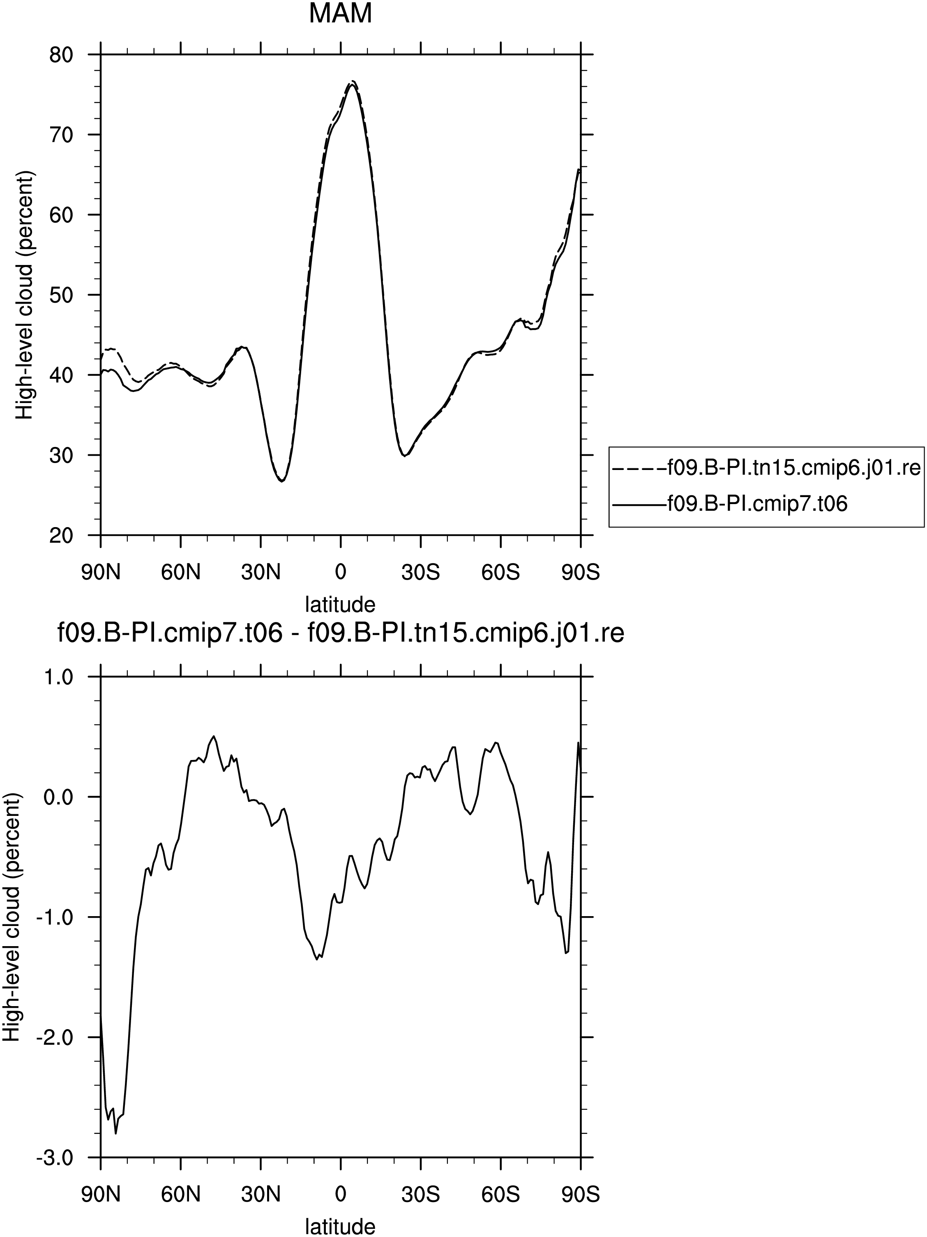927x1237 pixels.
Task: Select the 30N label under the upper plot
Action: click(x=260, y=573)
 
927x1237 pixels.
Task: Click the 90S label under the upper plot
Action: click(x=580, y=573)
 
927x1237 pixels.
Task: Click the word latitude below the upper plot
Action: click(x=340, y=604)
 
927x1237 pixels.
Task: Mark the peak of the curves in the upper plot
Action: click(x=353, y=82)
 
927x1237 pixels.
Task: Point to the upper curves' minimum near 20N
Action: click(x=281, y=481)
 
